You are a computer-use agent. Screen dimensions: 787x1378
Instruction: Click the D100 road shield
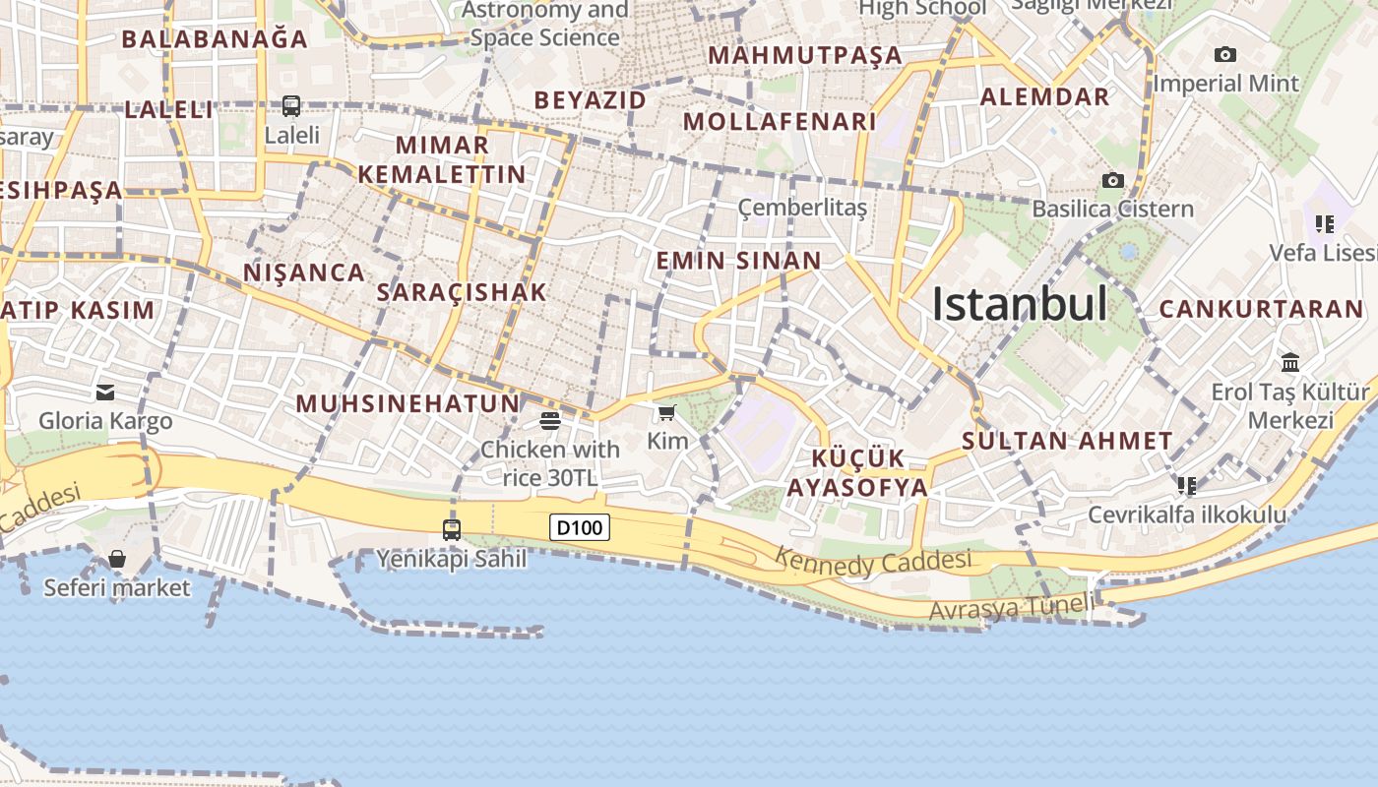point(579,527)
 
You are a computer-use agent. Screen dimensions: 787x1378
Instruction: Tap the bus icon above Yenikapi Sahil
point(452,530)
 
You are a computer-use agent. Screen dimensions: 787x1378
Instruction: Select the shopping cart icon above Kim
point(667,412)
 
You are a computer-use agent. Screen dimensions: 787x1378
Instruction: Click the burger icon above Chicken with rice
point(550,421)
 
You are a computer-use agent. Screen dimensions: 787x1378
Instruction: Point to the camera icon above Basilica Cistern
point(1113,180)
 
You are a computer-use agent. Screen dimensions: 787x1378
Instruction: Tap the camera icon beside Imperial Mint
point(1224,54)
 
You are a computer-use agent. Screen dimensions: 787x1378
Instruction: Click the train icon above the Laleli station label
point(291,105)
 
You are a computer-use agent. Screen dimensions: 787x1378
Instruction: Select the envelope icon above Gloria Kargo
point(105,393)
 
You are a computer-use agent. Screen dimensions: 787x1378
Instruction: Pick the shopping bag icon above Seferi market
point(117,559)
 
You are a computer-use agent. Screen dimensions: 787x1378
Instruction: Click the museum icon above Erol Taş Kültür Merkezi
point(1290,362)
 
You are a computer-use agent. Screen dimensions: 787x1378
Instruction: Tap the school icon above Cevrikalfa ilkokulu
point(1187,485)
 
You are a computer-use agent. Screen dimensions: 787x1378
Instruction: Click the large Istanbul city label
point(1020,304)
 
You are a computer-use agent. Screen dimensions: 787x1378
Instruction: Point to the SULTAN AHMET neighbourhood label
point(1067,441)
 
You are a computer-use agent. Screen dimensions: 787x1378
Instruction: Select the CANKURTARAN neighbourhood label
point(1261,309)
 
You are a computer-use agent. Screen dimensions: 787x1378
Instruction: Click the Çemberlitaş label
point(802,208)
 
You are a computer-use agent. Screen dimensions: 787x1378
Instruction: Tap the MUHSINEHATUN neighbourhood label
point(407,403)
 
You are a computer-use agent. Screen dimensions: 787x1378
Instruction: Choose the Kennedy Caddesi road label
point(873,562)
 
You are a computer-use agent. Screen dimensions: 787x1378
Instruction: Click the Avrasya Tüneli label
point(1010,608)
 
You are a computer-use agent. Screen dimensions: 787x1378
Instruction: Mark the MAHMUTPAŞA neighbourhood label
point(805,55)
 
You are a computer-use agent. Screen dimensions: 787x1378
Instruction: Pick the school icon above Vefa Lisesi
point(1325,224)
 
